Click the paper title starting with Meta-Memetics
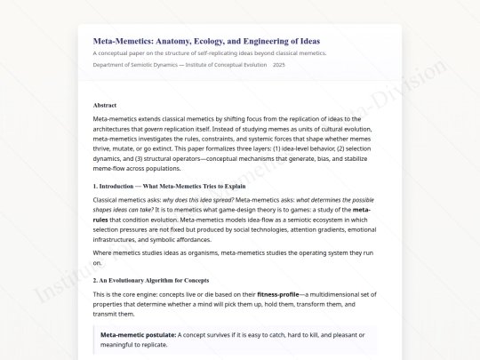[x=206, y=41]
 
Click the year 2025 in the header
[x=279, y=65]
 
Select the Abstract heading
[x=105, y=105]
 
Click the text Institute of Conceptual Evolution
[x=225, y=65]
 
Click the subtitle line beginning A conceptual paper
[x=209, y=53]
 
